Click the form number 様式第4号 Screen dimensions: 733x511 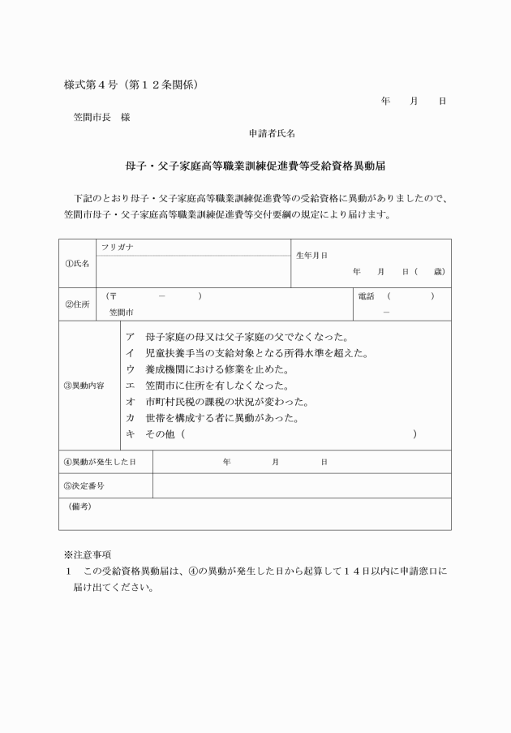coord(95,85)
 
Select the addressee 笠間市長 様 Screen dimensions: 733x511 coord(102,117)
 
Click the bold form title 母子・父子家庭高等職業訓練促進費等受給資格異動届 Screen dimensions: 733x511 coord(255,165)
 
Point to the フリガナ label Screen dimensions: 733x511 coord(118,246)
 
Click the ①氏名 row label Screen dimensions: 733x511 coord(77,264)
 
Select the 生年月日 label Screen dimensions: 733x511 coord(311,255)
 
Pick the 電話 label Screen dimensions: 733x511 coord(367,296)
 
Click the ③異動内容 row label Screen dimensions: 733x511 coord(84,386)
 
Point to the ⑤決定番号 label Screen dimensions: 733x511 coord(84,485)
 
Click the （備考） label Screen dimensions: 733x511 coord(79,506)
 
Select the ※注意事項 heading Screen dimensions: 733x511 coord(87,555)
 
